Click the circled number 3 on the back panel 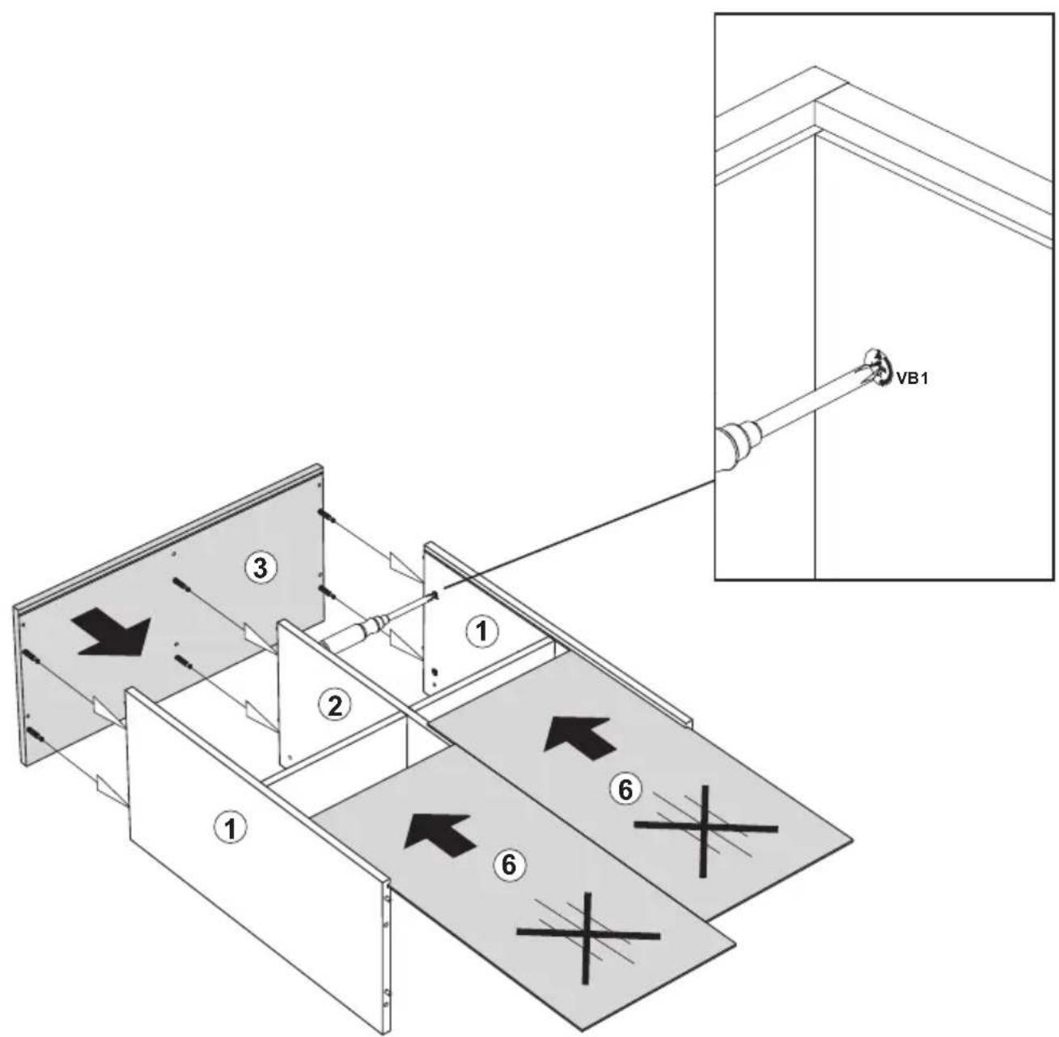[x=261, y=568]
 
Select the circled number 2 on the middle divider [x=335, y=706]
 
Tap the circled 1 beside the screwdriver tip [x=481, y=631]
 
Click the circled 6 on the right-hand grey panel [x=625, y=790]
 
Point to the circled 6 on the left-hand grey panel [x=508, y=865]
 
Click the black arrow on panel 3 [x=112, y=632]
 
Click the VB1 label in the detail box [x=912, y=379]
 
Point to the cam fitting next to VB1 [x=877, y=368]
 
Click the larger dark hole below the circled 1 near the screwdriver [x=434, y=672]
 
